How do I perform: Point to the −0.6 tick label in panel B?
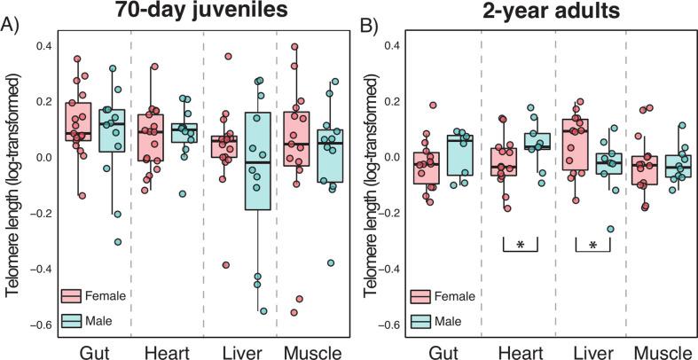click(387, 325)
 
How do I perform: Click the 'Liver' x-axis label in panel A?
click(239, 353)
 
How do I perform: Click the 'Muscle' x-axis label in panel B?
click(663, 353)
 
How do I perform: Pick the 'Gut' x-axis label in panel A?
click(95, 353)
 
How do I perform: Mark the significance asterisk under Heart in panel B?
click(520, 242)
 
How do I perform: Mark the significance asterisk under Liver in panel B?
click(592, 242)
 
